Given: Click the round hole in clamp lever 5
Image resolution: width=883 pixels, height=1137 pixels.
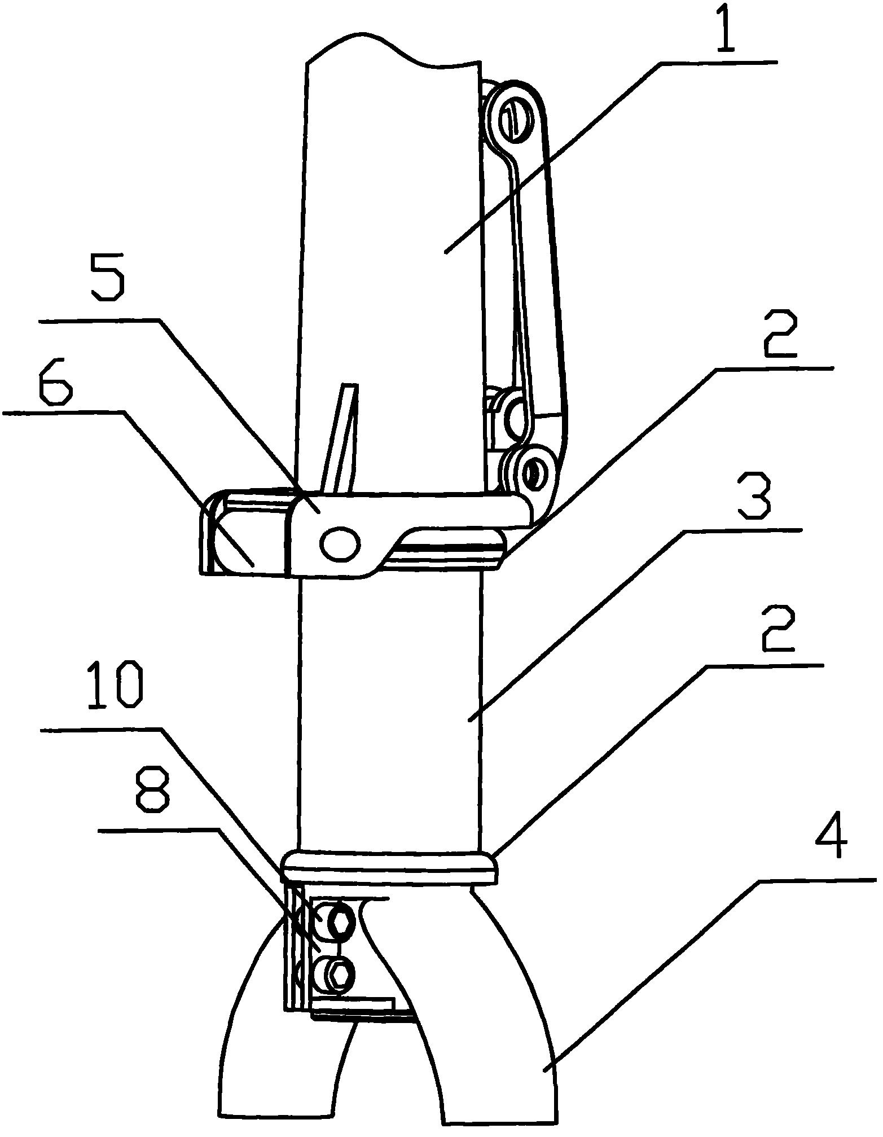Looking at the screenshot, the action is click(339, 544).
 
